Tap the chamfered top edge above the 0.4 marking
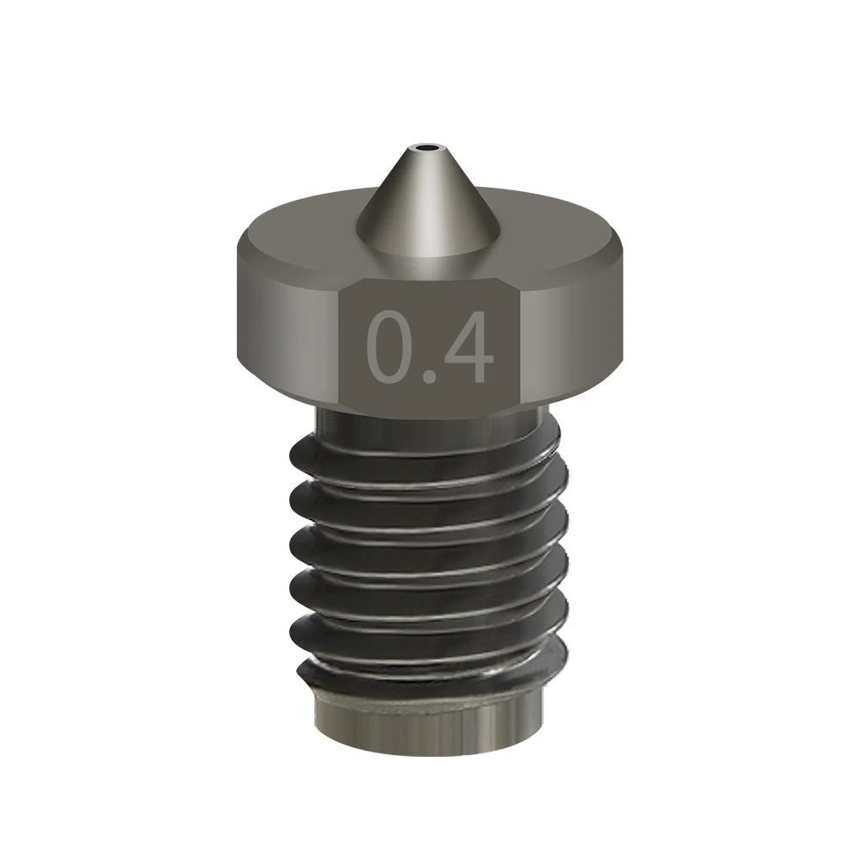(430, 274)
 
